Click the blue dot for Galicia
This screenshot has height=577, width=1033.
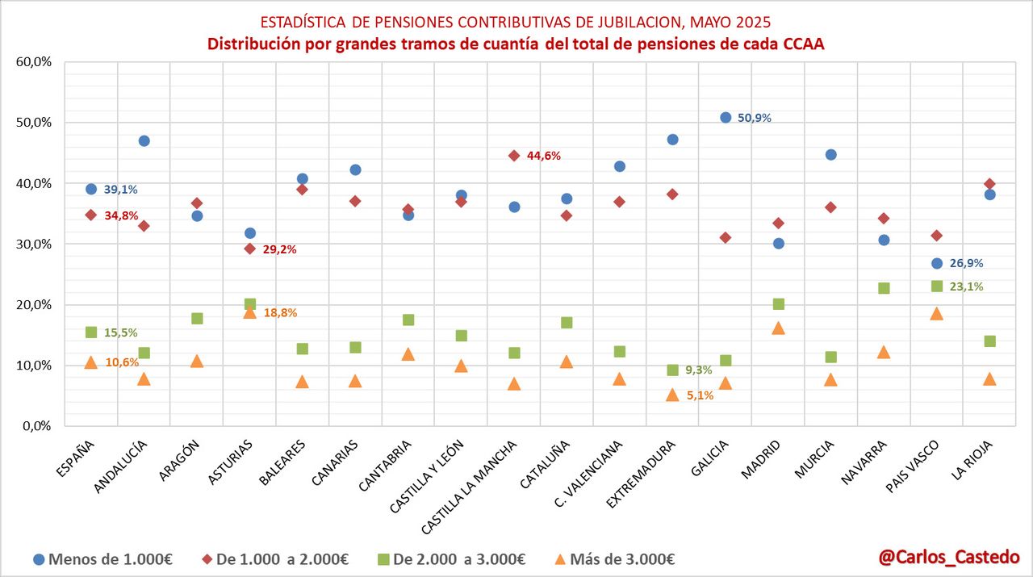pos(726,117)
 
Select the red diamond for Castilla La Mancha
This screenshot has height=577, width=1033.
pos(514,156)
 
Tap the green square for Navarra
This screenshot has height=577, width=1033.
pos(884,288)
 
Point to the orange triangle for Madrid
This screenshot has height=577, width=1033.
pos(778,328)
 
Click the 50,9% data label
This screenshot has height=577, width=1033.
pos(755,118)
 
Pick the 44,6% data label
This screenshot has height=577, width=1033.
pos(544,156)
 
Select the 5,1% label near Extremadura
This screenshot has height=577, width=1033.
pos(700,395)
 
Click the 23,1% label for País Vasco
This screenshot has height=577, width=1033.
pos(967,286)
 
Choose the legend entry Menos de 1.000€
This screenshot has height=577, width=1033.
pos(103,559)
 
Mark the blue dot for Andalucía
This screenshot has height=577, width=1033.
pos(144,141)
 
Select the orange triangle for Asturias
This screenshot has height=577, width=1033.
pos(250,312)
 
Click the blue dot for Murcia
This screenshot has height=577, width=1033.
pos(831,155)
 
